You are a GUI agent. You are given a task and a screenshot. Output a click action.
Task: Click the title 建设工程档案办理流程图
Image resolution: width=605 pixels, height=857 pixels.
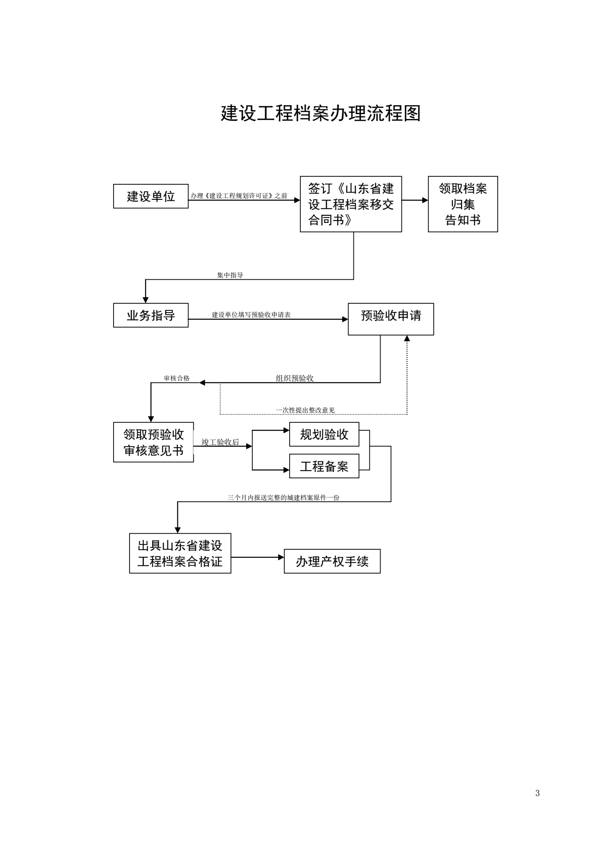321,114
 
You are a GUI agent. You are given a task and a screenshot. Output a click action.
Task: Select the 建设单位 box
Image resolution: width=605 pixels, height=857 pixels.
151,196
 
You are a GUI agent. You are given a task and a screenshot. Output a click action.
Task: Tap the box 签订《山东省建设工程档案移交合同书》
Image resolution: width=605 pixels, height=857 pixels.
351,204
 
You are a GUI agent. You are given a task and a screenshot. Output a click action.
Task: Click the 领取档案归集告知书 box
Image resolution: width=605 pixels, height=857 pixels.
463,204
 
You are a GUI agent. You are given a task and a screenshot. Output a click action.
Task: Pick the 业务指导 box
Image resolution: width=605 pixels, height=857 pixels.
151,315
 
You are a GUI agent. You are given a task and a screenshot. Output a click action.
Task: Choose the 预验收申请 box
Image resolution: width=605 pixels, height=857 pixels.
391,319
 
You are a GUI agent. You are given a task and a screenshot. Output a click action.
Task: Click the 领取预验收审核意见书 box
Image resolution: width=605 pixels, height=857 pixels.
153,442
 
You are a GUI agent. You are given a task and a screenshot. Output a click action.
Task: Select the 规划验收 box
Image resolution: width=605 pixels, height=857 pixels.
324,434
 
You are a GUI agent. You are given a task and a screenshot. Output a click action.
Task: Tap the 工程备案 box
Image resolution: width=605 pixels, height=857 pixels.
324,466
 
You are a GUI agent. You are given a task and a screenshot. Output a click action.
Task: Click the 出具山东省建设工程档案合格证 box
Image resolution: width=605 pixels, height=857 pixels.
180,553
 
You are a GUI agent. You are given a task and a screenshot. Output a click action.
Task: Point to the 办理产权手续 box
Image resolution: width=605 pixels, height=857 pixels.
332,561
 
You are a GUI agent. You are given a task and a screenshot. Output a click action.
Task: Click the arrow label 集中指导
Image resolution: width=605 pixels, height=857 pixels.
230,275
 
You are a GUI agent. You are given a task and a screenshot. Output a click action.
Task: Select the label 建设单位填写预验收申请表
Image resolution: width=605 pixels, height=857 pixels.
251,315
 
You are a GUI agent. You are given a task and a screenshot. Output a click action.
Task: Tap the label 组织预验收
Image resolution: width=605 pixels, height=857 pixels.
295,378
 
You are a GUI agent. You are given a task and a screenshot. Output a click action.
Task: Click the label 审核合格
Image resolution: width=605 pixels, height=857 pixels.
177,378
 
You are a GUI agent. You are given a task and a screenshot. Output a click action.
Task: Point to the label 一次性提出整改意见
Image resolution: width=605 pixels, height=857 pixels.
305,410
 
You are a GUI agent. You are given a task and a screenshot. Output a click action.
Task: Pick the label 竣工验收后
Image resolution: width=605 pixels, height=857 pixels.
220,442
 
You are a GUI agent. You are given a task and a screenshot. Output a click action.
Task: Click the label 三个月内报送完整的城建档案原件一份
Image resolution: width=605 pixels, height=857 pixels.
283,498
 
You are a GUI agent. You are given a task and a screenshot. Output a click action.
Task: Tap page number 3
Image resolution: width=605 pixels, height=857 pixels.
538,794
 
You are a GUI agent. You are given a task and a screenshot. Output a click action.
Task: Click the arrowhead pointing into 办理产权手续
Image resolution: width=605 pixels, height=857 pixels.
281,557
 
